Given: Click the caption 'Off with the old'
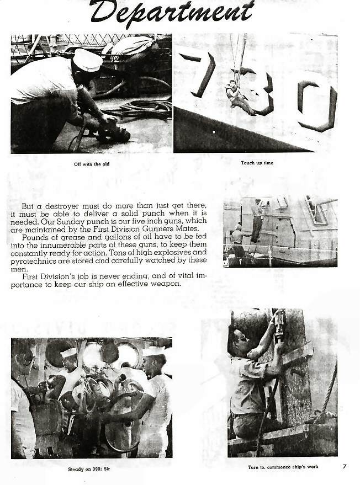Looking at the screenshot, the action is click(x=92, y=164).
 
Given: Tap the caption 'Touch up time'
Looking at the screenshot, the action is click(x=257, y=163).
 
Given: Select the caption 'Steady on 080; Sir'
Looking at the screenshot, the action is click(x=89, y=469).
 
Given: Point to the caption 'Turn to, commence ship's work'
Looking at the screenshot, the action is click(x=283, y=467).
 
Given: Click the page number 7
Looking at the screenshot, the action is click(x=345, y=466).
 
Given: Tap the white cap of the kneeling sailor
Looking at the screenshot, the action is click(x=88, y=60).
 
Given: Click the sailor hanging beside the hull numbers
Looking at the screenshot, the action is click(x=240, y=98).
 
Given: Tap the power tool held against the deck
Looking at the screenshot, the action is click(x=114, y=133).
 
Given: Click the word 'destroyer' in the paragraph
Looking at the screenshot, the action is click(x=65, y=206).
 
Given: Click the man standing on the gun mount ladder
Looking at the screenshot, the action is click(x=257, y=221).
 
